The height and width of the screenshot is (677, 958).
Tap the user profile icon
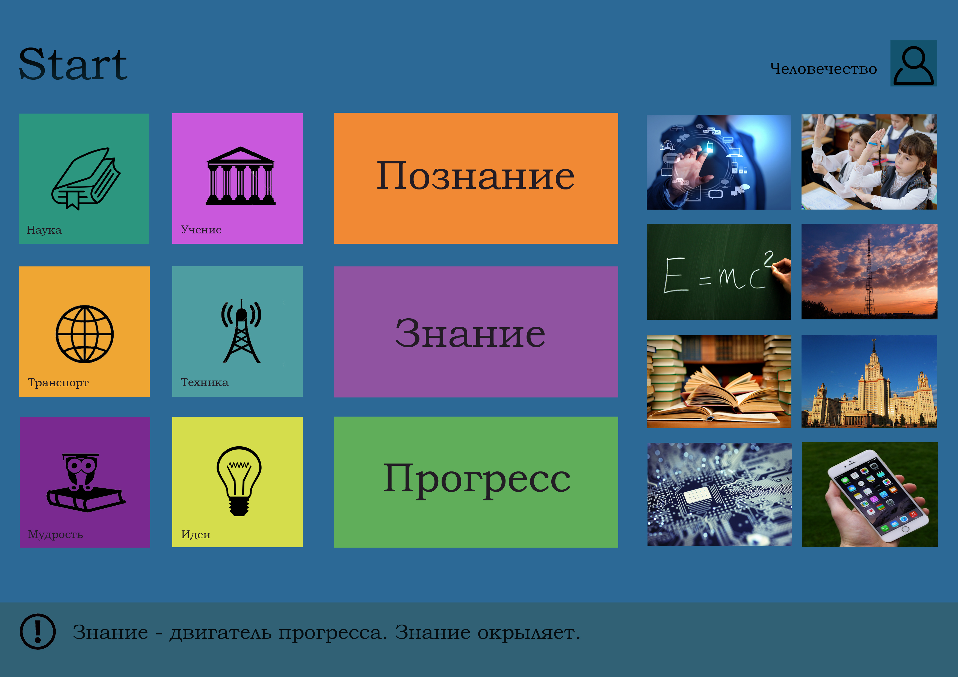tap(913, 63)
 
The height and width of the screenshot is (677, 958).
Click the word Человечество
tap(823, 69)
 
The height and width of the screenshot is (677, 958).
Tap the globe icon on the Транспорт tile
tap(85, 334)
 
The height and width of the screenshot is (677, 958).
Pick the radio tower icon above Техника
tap(241, 331)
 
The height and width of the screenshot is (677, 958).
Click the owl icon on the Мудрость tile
tap(85, 483)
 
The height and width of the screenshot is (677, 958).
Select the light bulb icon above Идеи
tap(239, 481)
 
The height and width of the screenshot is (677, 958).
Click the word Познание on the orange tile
tap(476, 176)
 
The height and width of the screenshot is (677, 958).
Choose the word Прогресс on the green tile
tap(477, 480)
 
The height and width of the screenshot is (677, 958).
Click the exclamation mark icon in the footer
tap(38, 631)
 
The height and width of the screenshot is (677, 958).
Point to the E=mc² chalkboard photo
tap(718, 272)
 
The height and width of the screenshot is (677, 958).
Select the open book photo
tap(718, 382)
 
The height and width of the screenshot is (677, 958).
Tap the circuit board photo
tap(719, 494)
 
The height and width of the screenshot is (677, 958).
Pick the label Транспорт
tap(58, 382)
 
